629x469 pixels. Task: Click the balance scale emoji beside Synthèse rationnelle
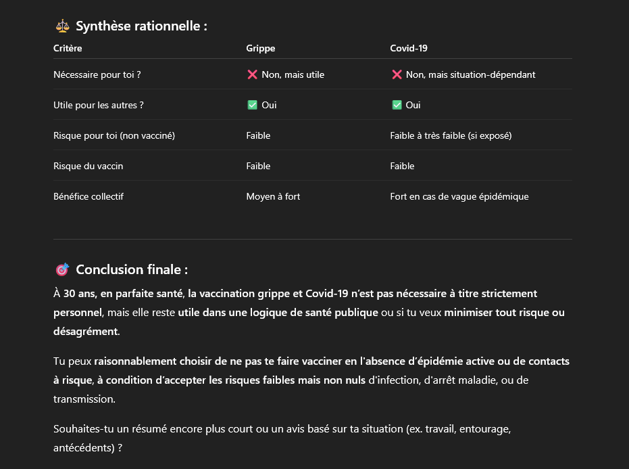[62, 26]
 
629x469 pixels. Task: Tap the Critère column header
[68, 48]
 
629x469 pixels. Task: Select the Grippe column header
[260, 48]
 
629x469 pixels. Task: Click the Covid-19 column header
[409, 48]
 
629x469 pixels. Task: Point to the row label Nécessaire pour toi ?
[97, 74]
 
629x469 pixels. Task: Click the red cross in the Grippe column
[253, 74]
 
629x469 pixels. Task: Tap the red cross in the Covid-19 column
[397, 74]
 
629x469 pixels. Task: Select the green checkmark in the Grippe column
[253, 105]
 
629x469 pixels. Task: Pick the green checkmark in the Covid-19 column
[397, 105]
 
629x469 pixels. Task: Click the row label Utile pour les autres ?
[98, 105]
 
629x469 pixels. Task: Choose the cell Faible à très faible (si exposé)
[451, 135]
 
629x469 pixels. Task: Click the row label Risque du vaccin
[88, 166]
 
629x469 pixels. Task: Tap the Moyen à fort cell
[273, 196]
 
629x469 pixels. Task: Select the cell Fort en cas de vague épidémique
[459, 196]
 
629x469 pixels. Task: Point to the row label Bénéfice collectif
[88, 196]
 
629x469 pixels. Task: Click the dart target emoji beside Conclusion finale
[62, 269]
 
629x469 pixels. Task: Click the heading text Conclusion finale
[131, 269]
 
